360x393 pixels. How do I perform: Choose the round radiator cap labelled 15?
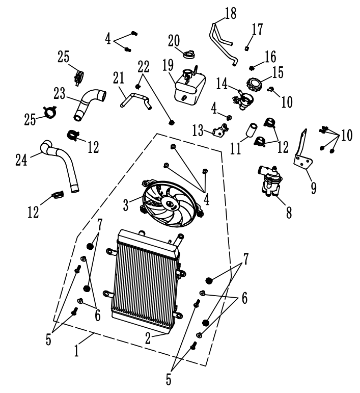[254, 83]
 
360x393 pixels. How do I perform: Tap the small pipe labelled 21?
[135, 100]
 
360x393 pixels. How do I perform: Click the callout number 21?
[119, 77]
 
